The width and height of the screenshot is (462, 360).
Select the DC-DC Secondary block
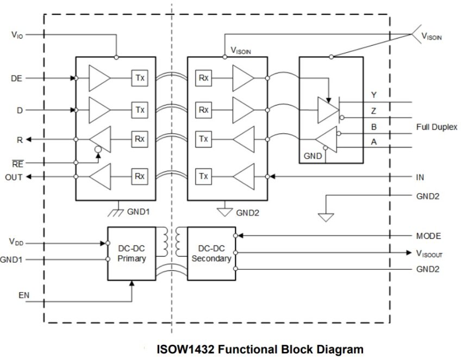coord(211,253)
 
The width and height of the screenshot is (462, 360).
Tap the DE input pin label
coord(16,78)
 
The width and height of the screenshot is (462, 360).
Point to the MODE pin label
coord(428,236)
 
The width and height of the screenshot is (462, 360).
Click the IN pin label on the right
coord(420,177)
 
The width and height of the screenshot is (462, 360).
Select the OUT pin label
coord(14,177)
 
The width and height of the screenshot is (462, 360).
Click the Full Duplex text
coord(436,127)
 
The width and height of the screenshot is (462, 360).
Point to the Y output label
coord(373,95)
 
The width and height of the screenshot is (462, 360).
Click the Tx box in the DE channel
coord(140,78)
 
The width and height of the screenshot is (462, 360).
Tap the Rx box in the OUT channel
coord(140,176)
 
